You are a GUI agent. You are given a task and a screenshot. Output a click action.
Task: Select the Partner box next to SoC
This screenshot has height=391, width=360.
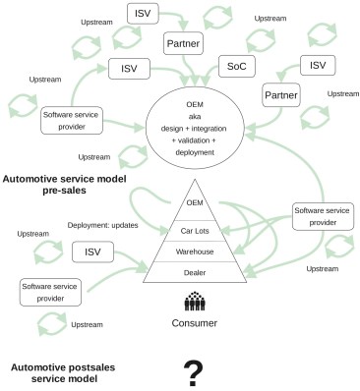point(183,44)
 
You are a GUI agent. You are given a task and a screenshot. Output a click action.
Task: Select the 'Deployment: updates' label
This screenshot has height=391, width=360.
point(100,226)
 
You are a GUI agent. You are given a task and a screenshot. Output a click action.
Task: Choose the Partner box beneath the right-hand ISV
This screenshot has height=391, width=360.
point(280,95)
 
